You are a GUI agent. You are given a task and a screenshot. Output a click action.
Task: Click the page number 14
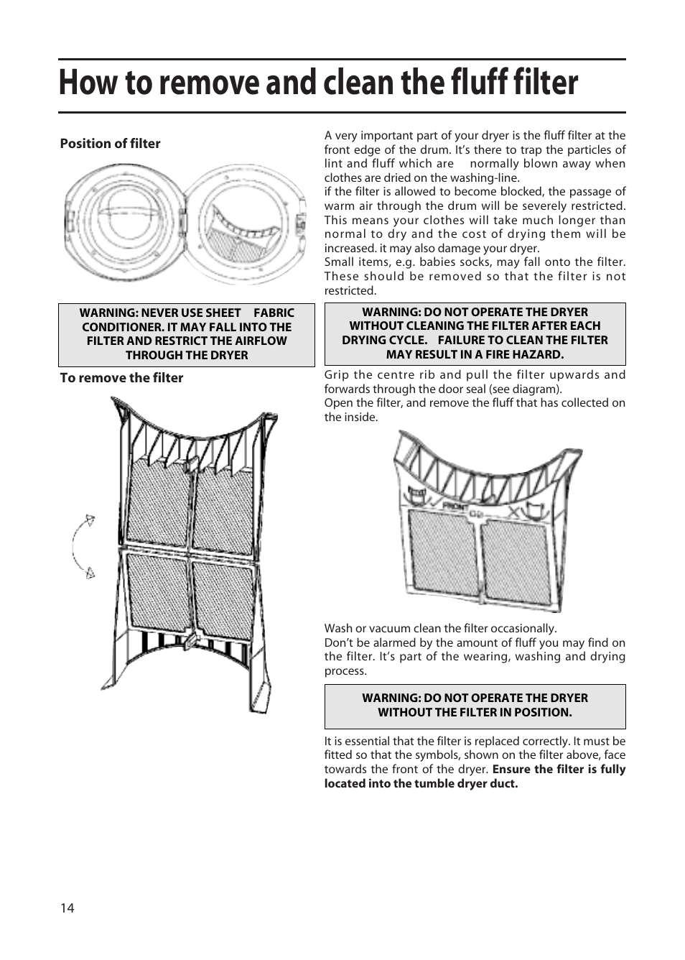click(67, 908)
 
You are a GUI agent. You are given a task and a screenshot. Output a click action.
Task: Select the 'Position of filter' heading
click(110, 144)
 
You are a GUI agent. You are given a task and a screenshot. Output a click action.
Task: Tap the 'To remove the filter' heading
click(121, 378)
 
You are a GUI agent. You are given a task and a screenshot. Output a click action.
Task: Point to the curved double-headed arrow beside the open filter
click(80, 545)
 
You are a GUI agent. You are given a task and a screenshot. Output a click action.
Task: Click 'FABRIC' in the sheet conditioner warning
click(274, 313)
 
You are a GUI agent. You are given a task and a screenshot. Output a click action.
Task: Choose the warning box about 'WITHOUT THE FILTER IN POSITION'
click(475, 706)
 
